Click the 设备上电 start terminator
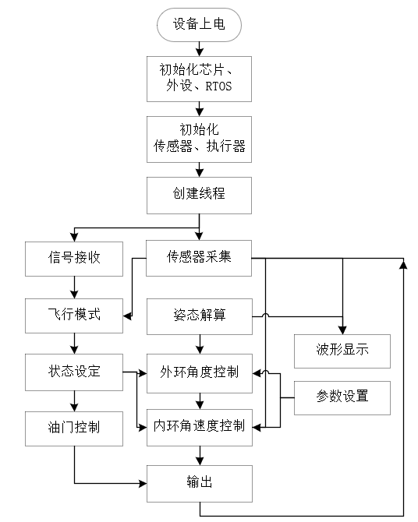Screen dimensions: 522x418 199,25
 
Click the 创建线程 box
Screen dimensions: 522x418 200,194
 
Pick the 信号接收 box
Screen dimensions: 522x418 74,258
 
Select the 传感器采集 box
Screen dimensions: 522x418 200,258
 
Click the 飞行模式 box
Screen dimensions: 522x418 74,316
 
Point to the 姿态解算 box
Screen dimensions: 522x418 200,316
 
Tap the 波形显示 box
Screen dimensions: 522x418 342,351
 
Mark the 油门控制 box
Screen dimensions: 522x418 74,428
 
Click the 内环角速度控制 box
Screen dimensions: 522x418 200,428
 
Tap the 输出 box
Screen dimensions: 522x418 200,483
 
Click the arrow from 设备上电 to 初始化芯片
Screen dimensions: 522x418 200,48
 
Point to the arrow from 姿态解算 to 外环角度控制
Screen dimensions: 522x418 200,343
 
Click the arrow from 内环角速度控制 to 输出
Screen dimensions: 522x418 200,455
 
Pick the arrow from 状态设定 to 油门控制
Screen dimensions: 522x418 74,399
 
